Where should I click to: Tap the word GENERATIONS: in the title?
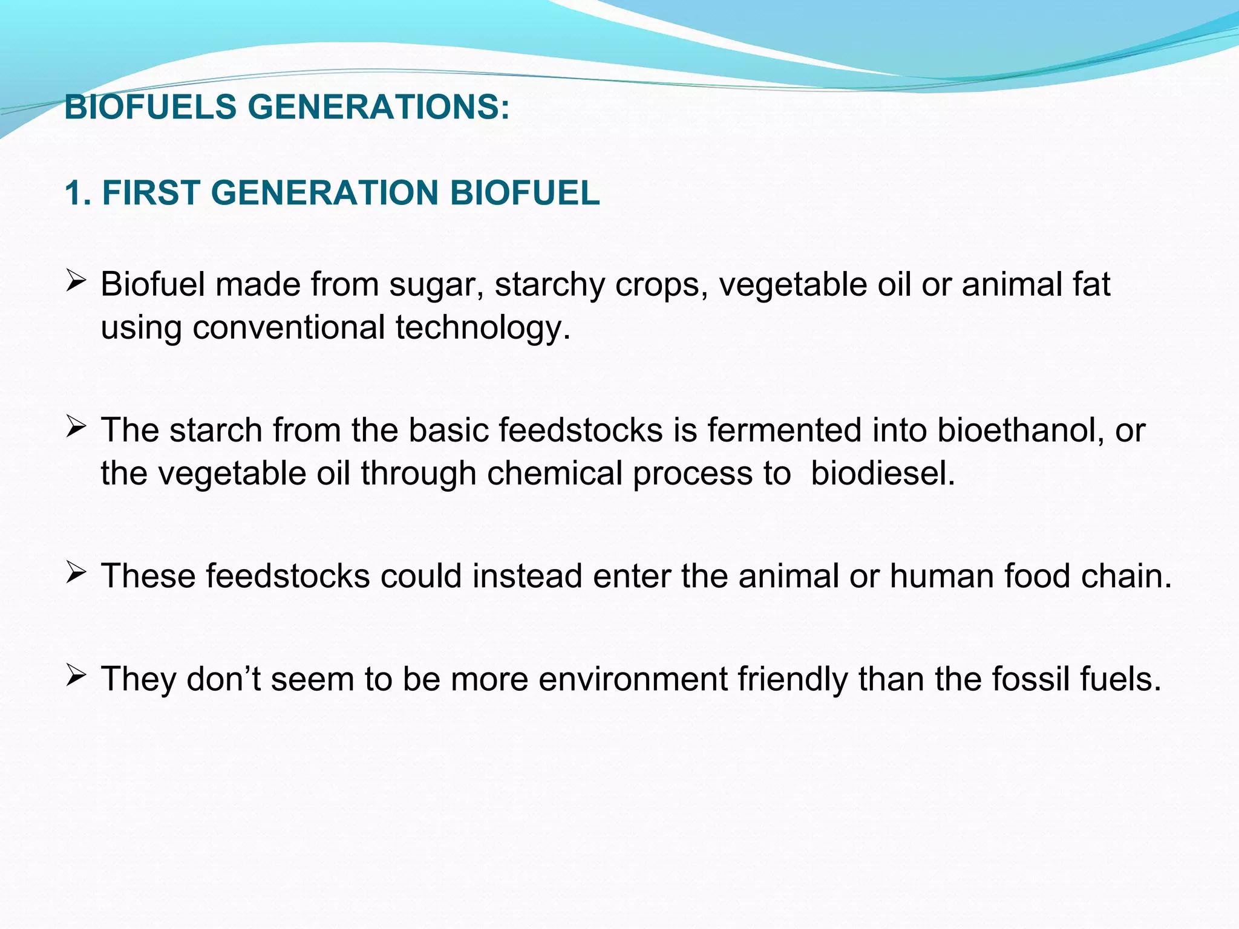point(379,107)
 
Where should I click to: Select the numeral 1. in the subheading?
point(78,193)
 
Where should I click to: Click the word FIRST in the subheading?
point(151,193)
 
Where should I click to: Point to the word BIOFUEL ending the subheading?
point(525,193)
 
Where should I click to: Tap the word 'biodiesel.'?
point(883,473)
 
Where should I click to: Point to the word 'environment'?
point(633,679)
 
